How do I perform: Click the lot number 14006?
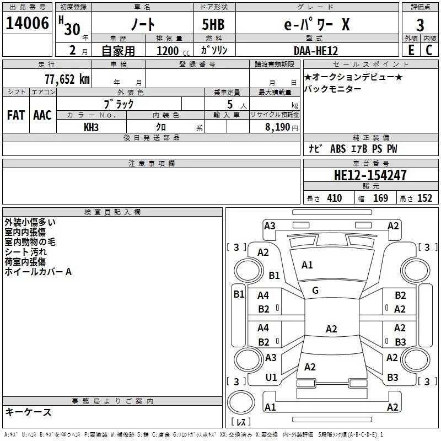coord(26,25)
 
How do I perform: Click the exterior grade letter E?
coord(410,50)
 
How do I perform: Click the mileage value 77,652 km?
coord(67,79)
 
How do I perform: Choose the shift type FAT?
coord(16,115)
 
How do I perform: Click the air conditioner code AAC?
coord(42,115)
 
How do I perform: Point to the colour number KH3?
coord(91,127)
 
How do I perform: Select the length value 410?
coord(334,198)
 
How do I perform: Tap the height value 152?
coord(424,198)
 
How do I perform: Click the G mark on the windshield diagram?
coord(315,291)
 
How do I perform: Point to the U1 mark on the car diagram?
coord(271,378)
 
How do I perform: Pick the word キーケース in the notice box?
coord(28,412)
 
